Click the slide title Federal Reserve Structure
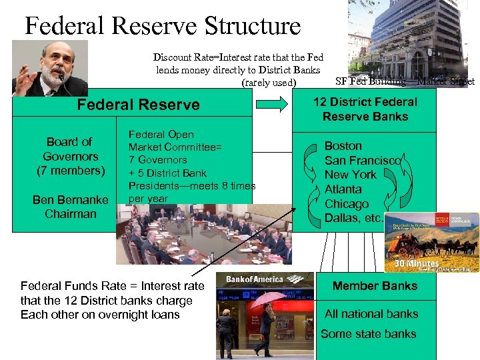click(163, 26)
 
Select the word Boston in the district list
click(343, 146)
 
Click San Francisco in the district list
click(363, 161)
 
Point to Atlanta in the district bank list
click(343, 189)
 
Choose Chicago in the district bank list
click(346, 204)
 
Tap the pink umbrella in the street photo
click(266, 299)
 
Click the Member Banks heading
click(375, 286)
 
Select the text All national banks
click(371, 314)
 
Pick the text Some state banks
click(368, 334)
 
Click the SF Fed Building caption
click(405, 81)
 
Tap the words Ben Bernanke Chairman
click(70, 207)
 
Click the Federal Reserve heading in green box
click(138, 105)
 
